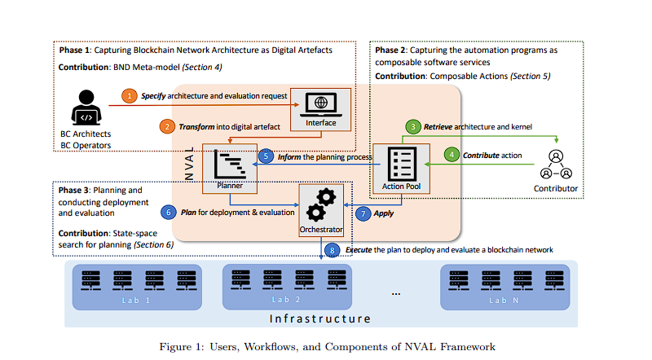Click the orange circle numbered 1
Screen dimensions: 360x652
pyautogui.click(x=130, y=95)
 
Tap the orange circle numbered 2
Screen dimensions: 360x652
pyautogui.click(x=166, y=126)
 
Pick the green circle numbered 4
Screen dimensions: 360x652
pyautogui.click(x=451, y=154)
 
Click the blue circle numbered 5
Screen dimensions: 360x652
pyautogui.click(x=266, y=156)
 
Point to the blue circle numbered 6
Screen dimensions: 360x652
pyautogui.click(x=169, y=211)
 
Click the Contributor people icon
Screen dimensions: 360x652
pyautogui.click(x=557, y=164)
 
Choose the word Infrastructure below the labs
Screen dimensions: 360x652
pyautogui.click(x=320, y=319)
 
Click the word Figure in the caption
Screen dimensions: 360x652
pyautogui.click(x=175, y=346)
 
